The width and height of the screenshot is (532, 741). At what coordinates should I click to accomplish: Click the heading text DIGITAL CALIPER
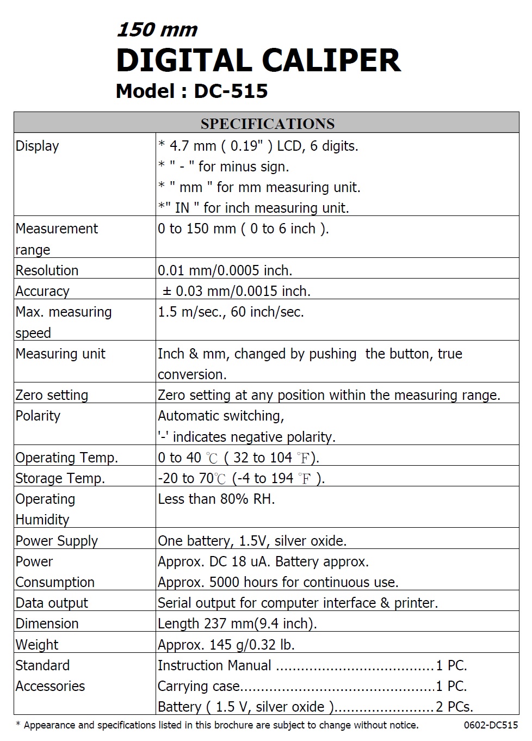tap(258, 60)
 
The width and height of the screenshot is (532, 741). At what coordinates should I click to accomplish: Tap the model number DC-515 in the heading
tap(231, 91)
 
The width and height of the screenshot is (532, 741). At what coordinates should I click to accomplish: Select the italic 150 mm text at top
tap(157, 30)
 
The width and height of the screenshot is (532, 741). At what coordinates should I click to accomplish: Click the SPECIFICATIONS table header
tap(267, 123)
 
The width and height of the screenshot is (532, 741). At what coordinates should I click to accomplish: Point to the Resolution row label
tap(47, 270)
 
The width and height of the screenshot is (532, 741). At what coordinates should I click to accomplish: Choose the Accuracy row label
tap(42, 291)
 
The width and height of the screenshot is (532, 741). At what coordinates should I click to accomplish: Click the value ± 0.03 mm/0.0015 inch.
tap(237, 291)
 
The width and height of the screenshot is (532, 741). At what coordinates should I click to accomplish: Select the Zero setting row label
tap(52, 395)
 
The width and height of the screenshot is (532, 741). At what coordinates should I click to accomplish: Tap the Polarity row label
tap(38, 416)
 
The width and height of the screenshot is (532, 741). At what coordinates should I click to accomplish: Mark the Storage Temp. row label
tap(60, 478)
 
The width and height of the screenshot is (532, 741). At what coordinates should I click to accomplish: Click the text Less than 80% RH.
tap(216, 499)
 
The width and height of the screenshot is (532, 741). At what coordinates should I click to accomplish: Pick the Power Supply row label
tap(57, 541)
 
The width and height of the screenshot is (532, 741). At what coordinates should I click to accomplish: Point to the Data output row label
tap(52, 603)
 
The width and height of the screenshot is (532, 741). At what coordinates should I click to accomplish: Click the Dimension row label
tap(47, 623)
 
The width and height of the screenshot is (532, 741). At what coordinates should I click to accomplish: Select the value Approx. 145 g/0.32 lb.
tap(226, 645)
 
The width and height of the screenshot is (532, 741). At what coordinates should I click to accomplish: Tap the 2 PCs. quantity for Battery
tap(454, 707)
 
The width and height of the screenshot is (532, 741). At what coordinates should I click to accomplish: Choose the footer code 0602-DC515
tap(491, 725)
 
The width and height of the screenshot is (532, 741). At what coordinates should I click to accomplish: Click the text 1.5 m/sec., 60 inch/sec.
tap(231, 312)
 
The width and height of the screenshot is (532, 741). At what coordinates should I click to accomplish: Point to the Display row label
tap(37, 146)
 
